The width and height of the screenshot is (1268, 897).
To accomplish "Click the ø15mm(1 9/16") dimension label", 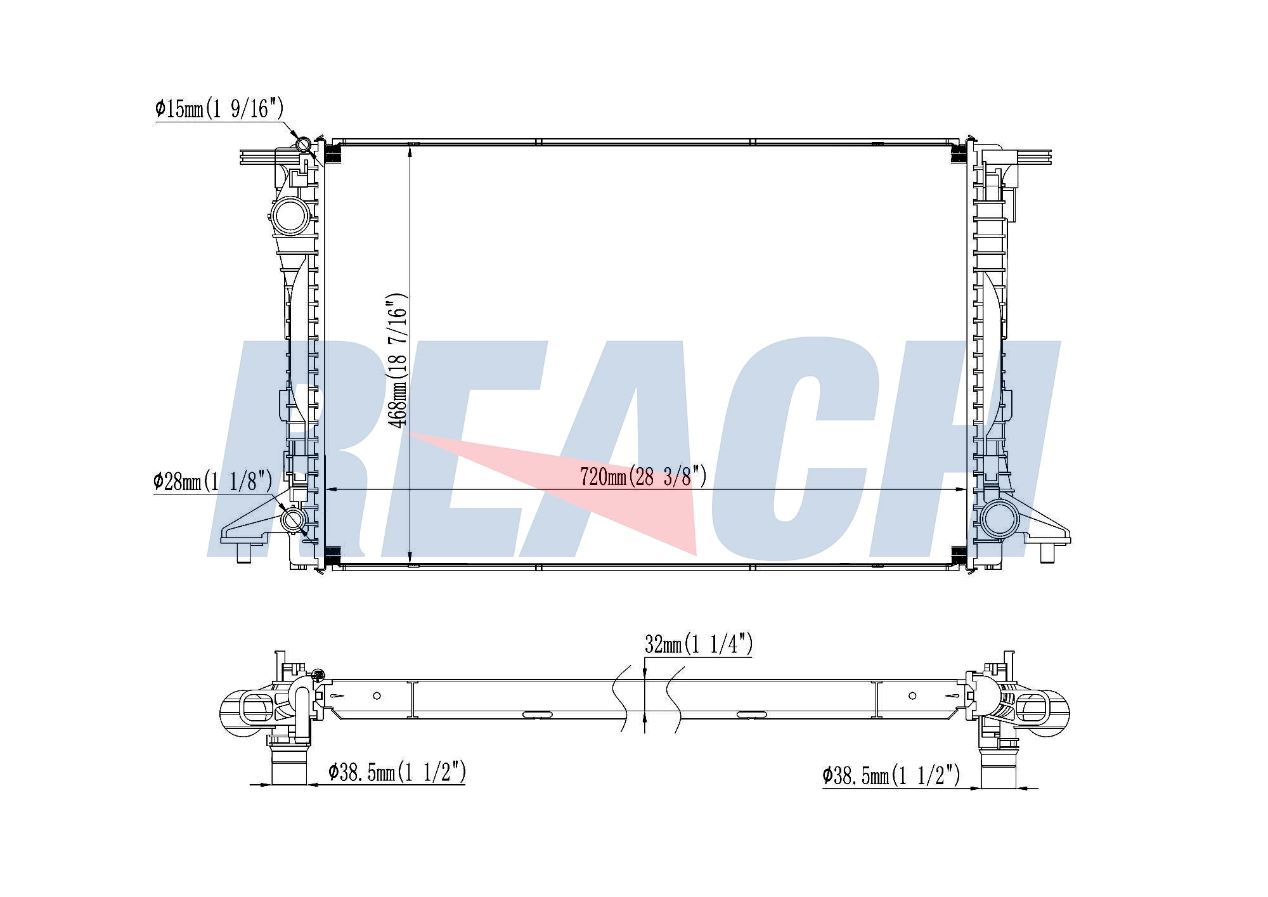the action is point(219,108).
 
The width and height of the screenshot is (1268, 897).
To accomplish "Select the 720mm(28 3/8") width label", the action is point(643,476).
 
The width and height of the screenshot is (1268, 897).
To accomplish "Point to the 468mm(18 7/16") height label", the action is point(397,359).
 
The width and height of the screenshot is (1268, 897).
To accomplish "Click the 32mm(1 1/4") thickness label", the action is point(699,644).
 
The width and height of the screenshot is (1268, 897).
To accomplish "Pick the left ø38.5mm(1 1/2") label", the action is point(398,772).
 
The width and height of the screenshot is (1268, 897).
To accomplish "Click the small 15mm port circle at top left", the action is point(304,145).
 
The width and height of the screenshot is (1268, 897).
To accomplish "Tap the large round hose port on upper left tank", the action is point(291,216).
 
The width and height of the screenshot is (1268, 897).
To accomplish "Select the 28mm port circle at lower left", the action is point(294,520).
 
